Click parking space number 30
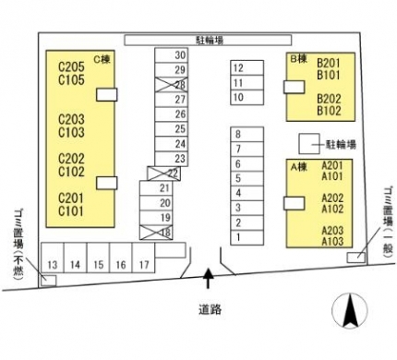[172, 55]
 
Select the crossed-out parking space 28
[172, 85]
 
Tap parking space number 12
[247, 67]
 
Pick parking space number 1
[247, 237]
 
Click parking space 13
[53, 258]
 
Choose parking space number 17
[143, 258]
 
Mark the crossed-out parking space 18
[156, 233]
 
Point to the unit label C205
[71, 66]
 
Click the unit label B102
[329, 111]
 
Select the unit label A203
[332, 231]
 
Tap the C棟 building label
[102, 59]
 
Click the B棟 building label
[299, 59]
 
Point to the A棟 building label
[299, 167]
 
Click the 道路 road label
[210, 309]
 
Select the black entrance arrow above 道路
[209, 279]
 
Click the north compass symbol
[350, 310]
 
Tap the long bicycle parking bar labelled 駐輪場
[208, 41]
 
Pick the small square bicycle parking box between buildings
[309, 144]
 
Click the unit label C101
[71, 211]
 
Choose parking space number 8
[247, 135]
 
